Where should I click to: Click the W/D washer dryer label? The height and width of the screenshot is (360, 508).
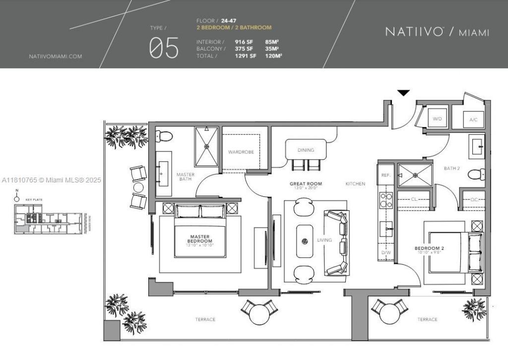tap(437, 119)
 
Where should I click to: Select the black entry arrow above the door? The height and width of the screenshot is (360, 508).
tap(404, 93)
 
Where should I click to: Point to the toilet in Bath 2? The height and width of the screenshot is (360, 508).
tap(477, 174)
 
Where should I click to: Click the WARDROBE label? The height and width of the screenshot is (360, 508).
tap(241, 152)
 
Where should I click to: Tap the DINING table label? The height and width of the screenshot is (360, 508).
tap(306, 150)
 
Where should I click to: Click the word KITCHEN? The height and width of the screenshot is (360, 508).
tap(355, 184)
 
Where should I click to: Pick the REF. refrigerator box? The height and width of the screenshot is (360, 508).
tap(385, 175)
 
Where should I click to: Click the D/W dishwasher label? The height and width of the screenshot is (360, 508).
tap(386, 252)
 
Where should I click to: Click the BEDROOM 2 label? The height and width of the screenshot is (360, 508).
tap(429, 248)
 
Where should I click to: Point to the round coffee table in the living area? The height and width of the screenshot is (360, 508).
tap(305, 241)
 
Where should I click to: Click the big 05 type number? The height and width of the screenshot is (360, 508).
tap(164, 48)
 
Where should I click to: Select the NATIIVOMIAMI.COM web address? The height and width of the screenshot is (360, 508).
tap(56, 57)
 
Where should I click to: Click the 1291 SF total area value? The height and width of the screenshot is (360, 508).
tap(246, 56)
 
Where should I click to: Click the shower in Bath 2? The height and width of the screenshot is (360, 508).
tap(415, 175)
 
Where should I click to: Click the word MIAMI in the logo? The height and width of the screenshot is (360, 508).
tap(474, 33)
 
